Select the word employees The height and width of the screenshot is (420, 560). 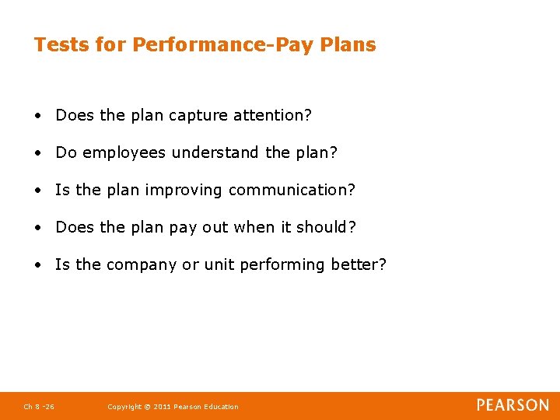coord(124,153)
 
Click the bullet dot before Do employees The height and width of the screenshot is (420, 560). coord(37,153)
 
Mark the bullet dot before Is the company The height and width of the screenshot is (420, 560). coord(37,265)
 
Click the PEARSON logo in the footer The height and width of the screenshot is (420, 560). coord(513,405)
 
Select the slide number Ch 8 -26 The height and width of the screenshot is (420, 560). coord(39,407)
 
